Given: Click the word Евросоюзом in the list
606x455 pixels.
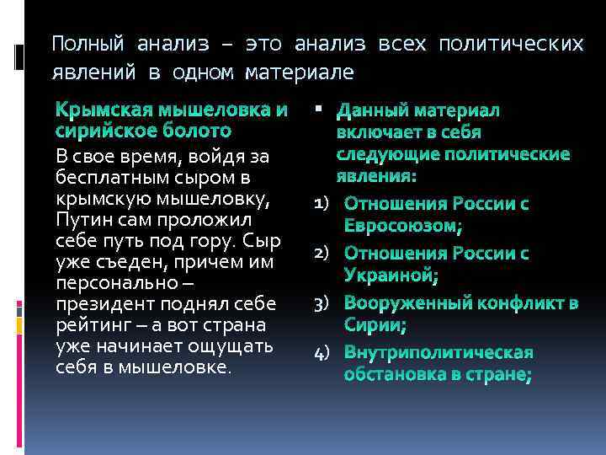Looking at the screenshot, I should coord(403,226).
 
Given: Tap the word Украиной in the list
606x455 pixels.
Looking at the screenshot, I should coord(391,275).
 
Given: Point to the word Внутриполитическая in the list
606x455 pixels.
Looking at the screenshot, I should coord(439,352).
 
